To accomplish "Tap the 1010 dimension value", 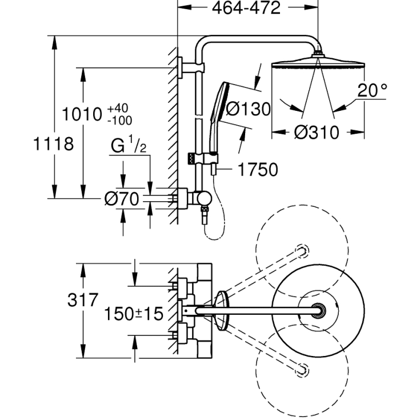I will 82,114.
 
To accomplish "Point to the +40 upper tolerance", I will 118,108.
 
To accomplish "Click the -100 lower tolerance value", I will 119,120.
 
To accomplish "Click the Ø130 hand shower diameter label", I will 248,109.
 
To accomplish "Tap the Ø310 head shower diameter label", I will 317,133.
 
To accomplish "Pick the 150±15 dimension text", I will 134,313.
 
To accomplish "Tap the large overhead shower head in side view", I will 317,61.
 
